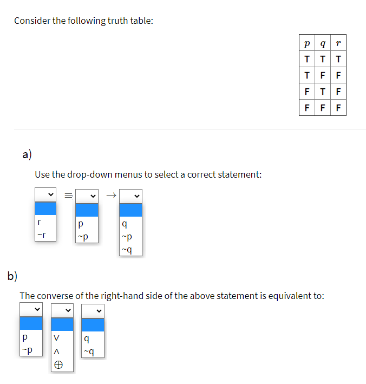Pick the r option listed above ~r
click(x=38, y=222)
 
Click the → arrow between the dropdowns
click(x=111, y=194)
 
